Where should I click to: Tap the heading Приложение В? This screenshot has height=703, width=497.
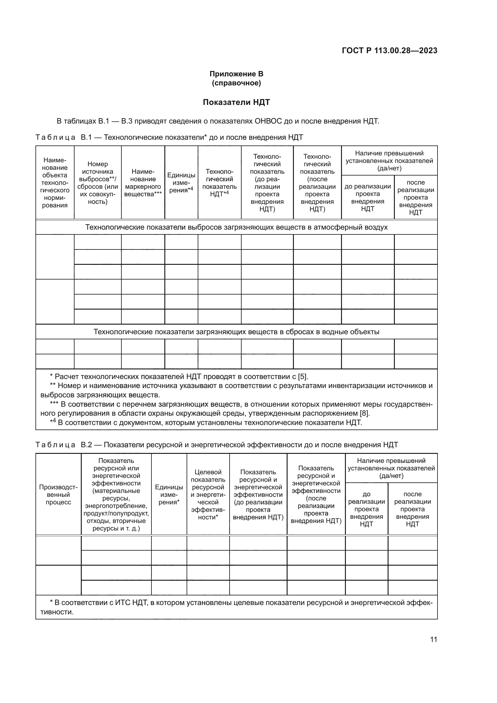coord(236,74)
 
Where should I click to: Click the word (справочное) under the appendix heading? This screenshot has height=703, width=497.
coord(236,83)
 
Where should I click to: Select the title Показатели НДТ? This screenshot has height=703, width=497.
coord(236,102)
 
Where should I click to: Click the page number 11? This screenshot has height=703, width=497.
coord(433,639)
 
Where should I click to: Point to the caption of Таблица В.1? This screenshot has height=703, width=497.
coord(169,137)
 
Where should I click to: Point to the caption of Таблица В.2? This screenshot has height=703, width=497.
coord(217,445)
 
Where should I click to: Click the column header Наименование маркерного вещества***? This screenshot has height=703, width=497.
coord(143,183)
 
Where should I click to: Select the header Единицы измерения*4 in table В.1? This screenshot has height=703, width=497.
coord(181,182)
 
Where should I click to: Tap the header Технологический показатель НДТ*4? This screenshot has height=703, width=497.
coord(219,183)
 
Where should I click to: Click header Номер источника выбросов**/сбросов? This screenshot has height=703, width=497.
coord(98,183)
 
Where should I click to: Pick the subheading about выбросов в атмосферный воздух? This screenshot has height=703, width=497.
coord(236,227)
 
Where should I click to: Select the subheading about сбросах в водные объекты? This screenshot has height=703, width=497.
coord(236,332)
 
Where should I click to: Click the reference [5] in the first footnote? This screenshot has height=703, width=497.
coord(303,377)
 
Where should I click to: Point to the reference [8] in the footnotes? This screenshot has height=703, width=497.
coord(364,413)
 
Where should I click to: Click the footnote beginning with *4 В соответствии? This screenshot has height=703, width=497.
coord(206,423)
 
